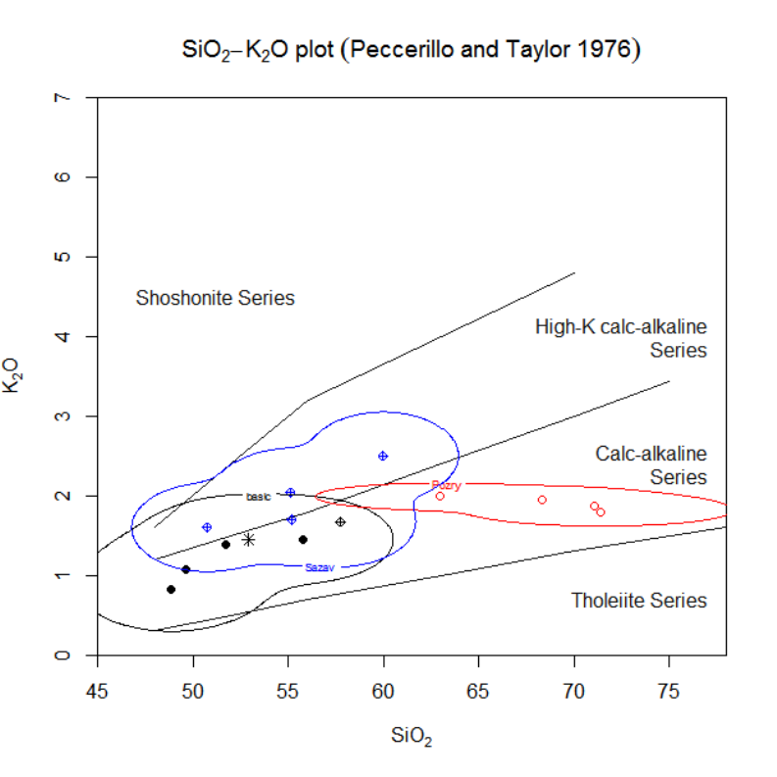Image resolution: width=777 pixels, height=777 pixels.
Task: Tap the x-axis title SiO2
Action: point(411,736)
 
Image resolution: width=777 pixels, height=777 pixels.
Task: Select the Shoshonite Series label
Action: point(216,298)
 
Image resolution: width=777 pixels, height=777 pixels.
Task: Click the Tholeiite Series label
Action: point(639,601)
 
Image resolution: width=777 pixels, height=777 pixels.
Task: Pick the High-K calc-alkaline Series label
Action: point(621,338)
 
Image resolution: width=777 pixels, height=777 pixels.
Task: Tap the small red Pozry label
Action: point(446,485)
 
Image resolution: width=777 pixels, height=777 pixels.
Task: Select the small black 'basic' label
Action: point(258,497)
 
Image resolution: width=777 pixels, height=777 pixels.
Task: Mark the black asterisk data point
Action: point(248,539)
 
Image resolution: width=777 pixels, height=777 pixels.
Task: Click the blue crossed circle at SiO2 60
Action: point(383,456)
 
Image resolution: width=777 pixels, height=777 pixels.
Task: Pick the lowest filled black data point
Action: point(170,589)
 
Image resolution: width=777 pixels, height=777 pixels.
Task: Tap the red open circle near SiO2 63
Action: point(440,496)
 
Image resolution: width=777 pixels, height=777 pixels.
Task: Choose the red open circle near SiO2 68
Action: point(542,500)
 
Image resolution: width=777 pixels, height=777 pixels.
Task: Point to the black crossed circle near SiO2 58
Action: point(340,521)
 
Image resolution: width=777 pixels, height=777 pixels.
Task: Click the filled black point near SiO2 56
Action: point(303,539)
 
